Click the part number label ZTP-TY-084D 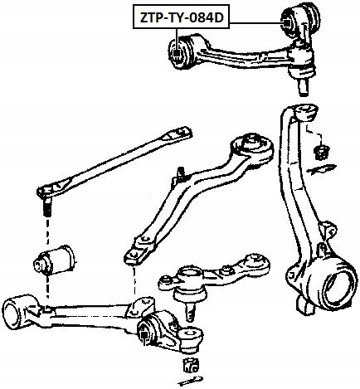182,17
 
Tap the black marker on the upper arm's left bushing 177,52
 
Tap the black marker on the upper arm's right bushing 286,23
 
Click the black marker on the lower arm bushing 144,335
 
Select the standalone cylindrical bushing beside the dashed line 55,260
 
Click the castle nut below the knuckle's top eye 322,152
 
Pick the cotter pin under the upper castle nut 321,168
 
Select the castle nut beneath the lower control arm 191,364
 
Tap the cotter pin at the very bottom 191,381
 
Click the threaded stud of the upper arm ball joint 304,87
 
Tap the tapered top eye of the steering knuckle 306,111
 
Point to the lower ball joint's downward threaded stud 189,311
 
